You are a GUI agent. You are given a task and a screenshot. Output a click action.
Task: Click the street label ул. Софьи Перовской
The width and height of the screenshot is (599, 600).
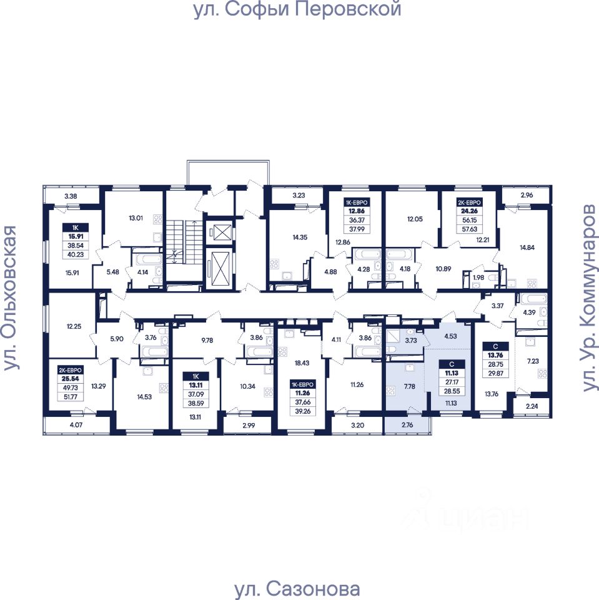click(297, 10)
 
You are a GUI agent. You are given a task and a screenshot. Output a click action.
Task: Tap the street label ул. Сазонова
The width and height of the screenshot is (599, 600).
click(297, 589)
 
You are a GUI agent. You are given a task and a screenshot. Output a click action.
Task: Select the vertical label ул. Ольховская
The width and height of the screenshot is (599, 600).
click(11, 299)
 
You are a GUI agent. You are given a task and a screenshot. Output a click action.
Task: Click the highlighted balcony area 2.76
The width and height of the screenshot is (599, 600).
click(407, 426)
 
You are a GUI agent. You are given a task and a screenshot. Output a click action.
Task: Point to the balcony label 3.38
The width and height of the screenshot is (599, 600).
click(71, 197)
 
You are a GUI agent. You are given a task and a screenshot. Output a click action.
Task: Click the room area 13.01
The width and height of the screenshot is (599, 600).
click(136, 218)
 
